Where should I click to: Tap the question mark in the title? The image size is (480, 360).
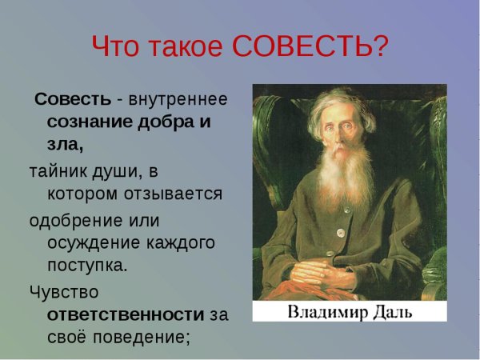(382, 47)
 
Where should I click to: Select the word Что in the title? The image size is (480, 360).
(116, 47)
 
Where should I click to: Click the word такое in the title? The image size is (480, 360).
(187, 47)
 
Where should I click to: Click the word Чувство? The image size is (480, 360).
(64, 291)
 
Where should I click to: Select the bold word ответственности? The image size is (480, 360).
(126, 314)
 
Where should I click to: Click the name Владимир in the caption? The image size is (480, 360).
(326, 310)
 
